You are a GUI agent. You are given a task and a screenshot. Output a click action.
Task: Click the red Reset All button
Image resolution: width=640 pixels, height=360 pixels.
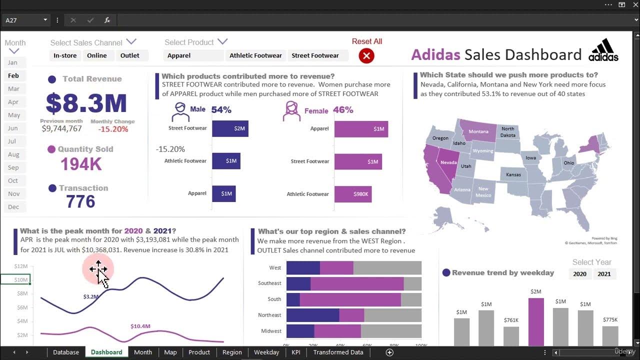click(x=366, y=55)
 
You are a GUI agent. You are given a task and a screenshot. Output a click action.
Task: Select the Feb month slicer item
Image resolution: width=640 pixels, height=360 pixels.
click(x=13, y=75)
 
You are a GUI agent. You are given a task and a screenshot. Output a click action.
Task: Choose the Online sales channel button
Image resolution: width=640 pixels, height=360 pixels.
click(x=96, y=55)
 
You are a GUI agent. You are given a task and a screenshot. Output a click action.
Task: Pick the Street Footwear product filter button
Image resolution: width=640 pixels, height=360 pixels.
click(x=315, y=55)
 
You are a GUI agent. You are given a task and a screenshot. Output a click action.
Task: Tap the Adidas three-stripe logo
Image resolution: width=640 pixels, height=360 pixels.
click(x=603, y=50)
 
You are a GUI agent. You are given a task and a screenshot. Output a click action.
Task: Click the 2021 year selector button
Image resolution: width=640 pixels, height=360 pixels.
click(x=604, y=273)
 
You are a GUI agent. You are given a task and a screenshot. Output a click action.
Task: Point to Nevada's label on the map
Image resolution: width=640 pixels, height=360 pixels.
click(x=448, y=162)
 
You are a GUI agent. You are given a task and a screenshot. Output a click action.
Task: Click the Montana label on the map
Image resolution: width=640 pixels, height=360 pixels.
click(x=478, y=131)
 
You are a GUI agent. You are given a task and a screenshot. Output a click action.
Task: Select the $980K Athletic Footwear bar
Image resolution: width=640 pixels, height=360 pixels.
click(x=353, y=194)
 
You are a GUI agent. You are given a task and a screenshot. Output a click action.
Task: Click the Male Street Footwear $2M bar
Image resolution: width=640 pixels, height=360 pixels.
click(x=230, y=128)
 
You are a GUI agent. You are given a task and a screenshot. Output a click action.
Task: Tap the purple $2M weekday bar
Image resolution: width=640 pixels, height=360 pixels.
click(x=536, y=322)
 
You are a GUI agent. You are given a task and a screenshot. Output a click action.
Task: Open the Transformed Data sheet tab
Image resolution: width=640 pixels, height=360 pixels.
click(x=338, y=352)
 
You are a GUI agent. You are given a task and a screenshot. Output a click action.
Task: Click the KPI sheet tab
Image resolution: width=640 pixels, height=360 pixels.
click(x=296, y=352)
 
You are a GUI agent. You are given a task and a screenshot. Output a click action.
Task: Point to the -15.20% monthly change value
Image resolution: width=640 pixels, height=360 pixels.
click(x=113, y=129)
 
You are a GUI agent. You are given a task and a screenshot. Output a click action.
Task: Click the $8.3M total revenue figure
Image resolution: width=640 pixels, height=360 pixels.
click(x=86, y=103)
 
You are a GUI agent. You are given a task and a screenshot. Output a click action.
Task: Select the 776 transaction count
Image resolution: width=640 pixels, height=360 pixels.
click(x=80, y=201)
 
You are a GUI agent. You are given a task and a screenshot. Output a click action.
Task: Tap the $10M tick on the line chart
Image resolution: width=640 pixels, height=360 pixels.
click(x=21, y=279)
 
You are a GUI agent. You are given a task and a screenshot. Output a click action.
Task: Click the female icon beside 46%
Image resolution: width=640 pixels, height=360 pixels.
click(x=291, y=111)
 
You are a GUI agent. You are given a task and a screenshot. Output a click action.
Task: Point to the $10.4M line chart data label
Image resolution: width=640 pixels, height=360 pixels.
click(x=140, y=326)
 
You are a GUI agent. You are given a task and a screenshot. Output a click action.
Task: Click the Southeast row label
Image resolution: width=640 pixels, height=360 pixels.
click(x=269, y=283)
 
